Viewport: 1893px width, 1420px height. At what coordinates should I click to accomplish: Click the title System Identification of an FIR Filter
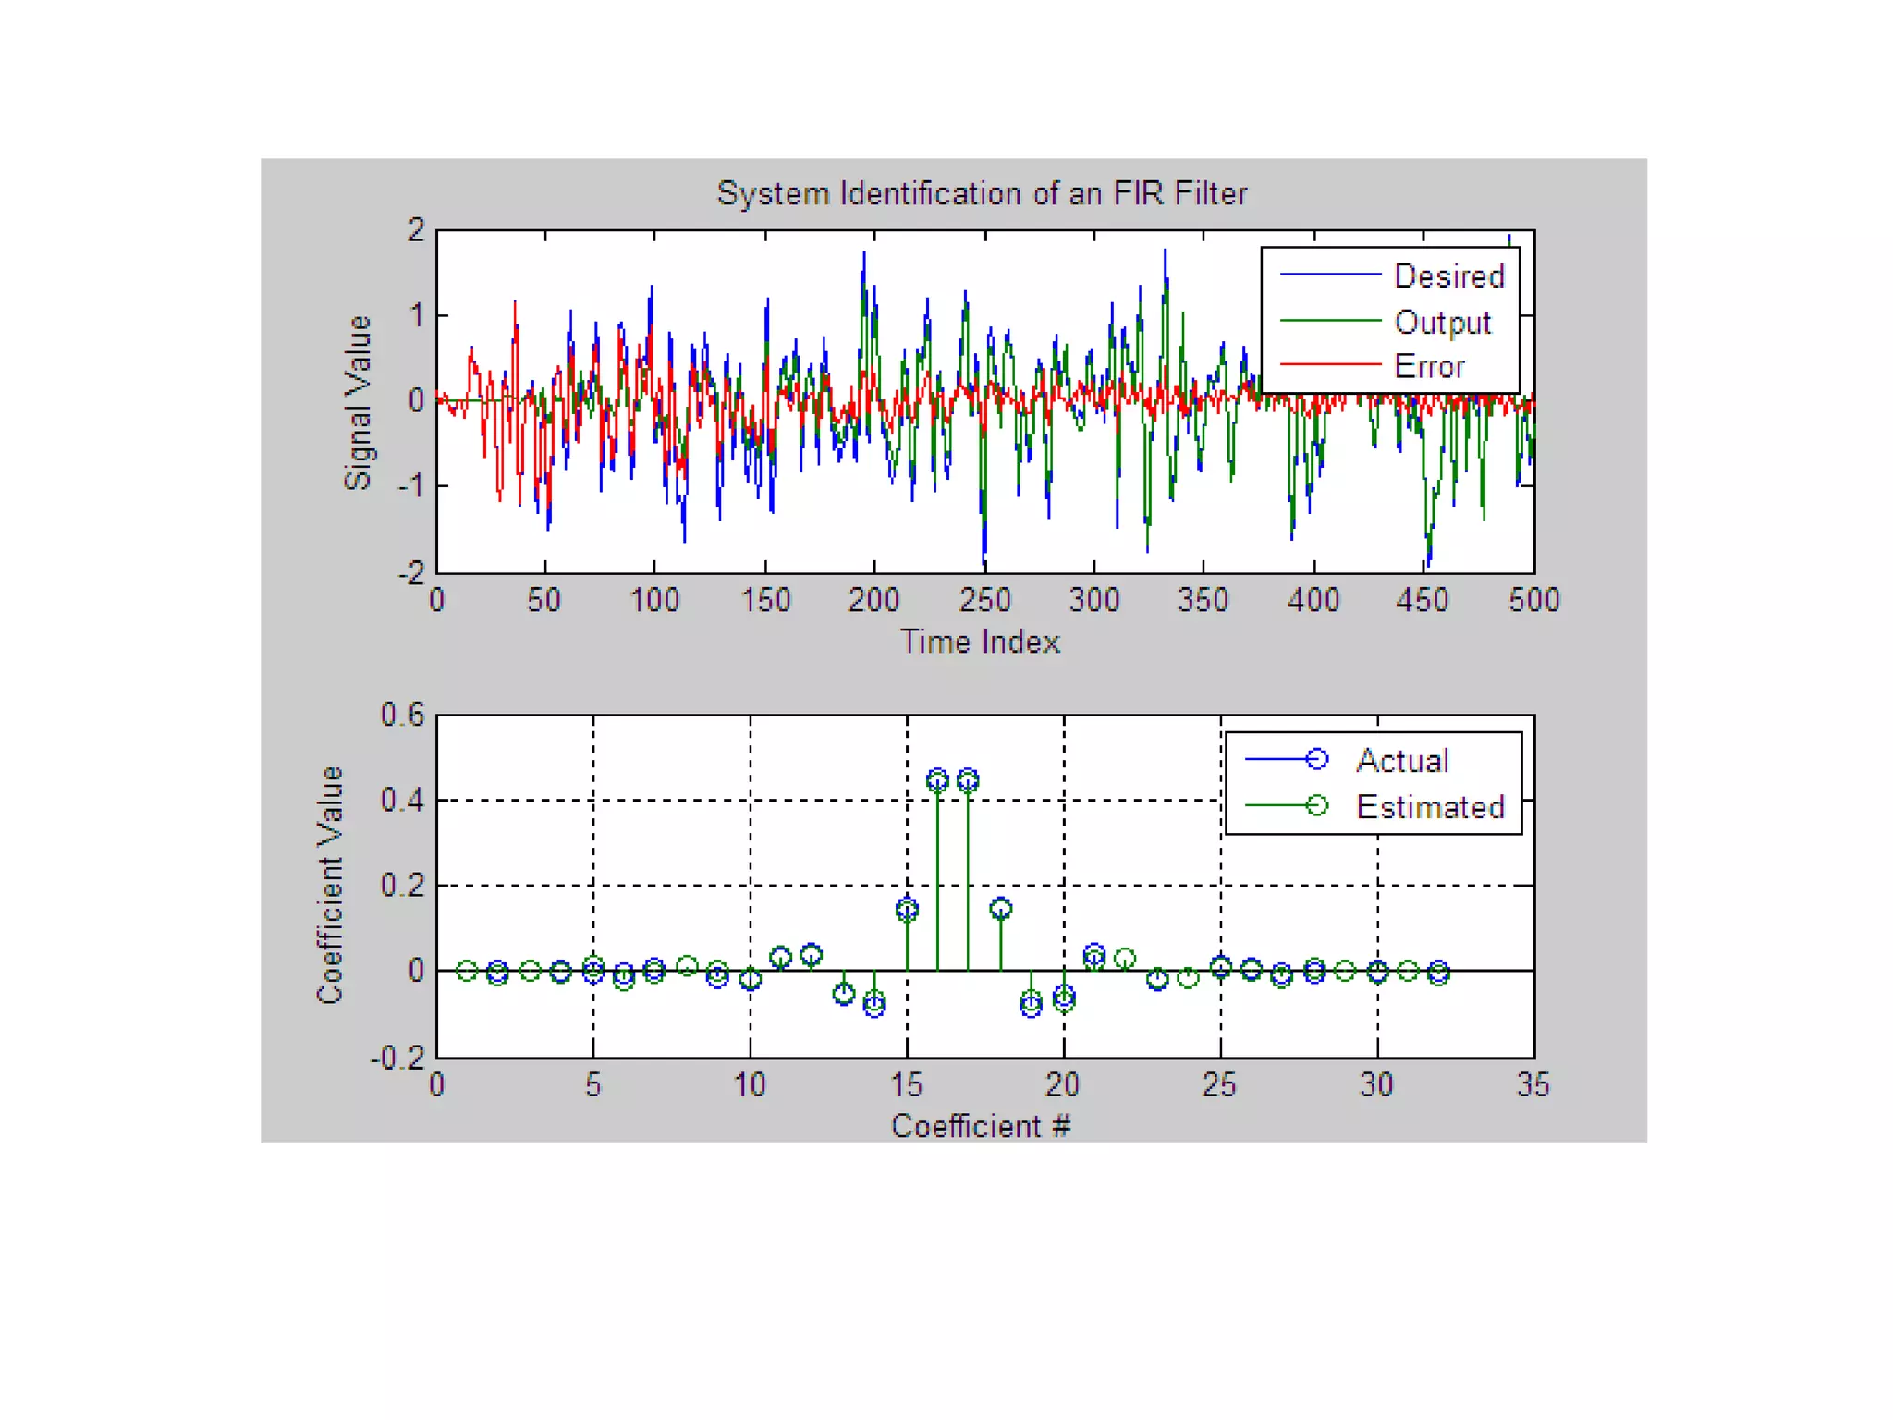click(982, 193)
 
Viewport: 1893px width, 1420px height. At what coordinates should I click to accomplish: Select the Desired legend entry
click(1447, 275)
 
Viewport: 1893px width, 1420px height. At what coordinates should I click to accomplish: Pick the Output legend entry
click(1442, 322)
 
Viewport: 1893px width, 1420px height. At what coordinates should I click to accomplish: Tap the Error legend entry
click(1429, 367)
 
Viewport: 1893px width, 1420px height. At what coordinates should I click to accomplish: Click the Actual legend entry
click(1401, 760)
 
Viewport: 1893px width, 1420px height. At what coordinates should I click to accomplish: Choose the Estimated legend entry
click(1429, 807)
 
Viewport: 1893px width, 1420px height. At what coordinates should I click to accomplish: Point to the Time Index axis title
click(980, 642)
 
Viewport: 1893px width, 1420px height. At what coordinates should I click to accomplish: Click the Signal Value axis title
click(358, 402)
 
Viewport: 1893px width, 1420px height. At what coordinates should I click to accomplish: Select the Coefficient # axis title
click(980, 1126)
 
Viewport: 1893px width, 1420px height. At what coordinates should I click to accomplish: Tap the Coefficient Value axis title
click(330, 885)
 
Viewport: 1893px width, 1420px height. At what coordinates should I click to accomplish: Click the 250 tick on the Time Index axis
click(984, 601)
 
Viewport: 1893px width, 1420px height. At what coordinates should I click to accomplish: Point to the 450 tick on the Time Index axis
click(1422, 601)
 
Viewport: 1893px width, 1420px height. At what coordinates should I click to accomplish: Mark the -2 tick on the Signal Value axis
click(411, 573)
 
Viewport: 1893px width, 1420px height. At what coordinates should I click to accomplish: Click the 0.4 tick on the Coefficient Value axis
click(402, 800)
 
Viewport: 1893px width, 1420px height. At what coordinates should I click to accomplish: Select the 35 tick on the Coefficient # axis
click(1533, 1084)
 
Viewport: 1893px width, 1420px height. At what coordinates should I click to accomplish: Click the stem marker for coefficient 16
click(937, 780)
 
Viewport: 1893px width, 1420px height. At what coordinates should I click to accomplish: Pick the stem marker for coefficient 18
click(1000, 909)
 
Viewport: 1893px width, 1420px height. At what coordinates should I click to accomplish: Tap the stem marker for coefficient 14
click(874, 1004)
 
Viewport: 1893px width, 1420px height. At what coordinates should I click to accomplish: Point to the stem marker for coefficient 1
click(468, 971)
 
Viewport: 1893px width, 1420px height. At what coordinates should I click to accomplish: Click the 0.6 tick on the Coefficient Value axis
click(402, 715)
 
